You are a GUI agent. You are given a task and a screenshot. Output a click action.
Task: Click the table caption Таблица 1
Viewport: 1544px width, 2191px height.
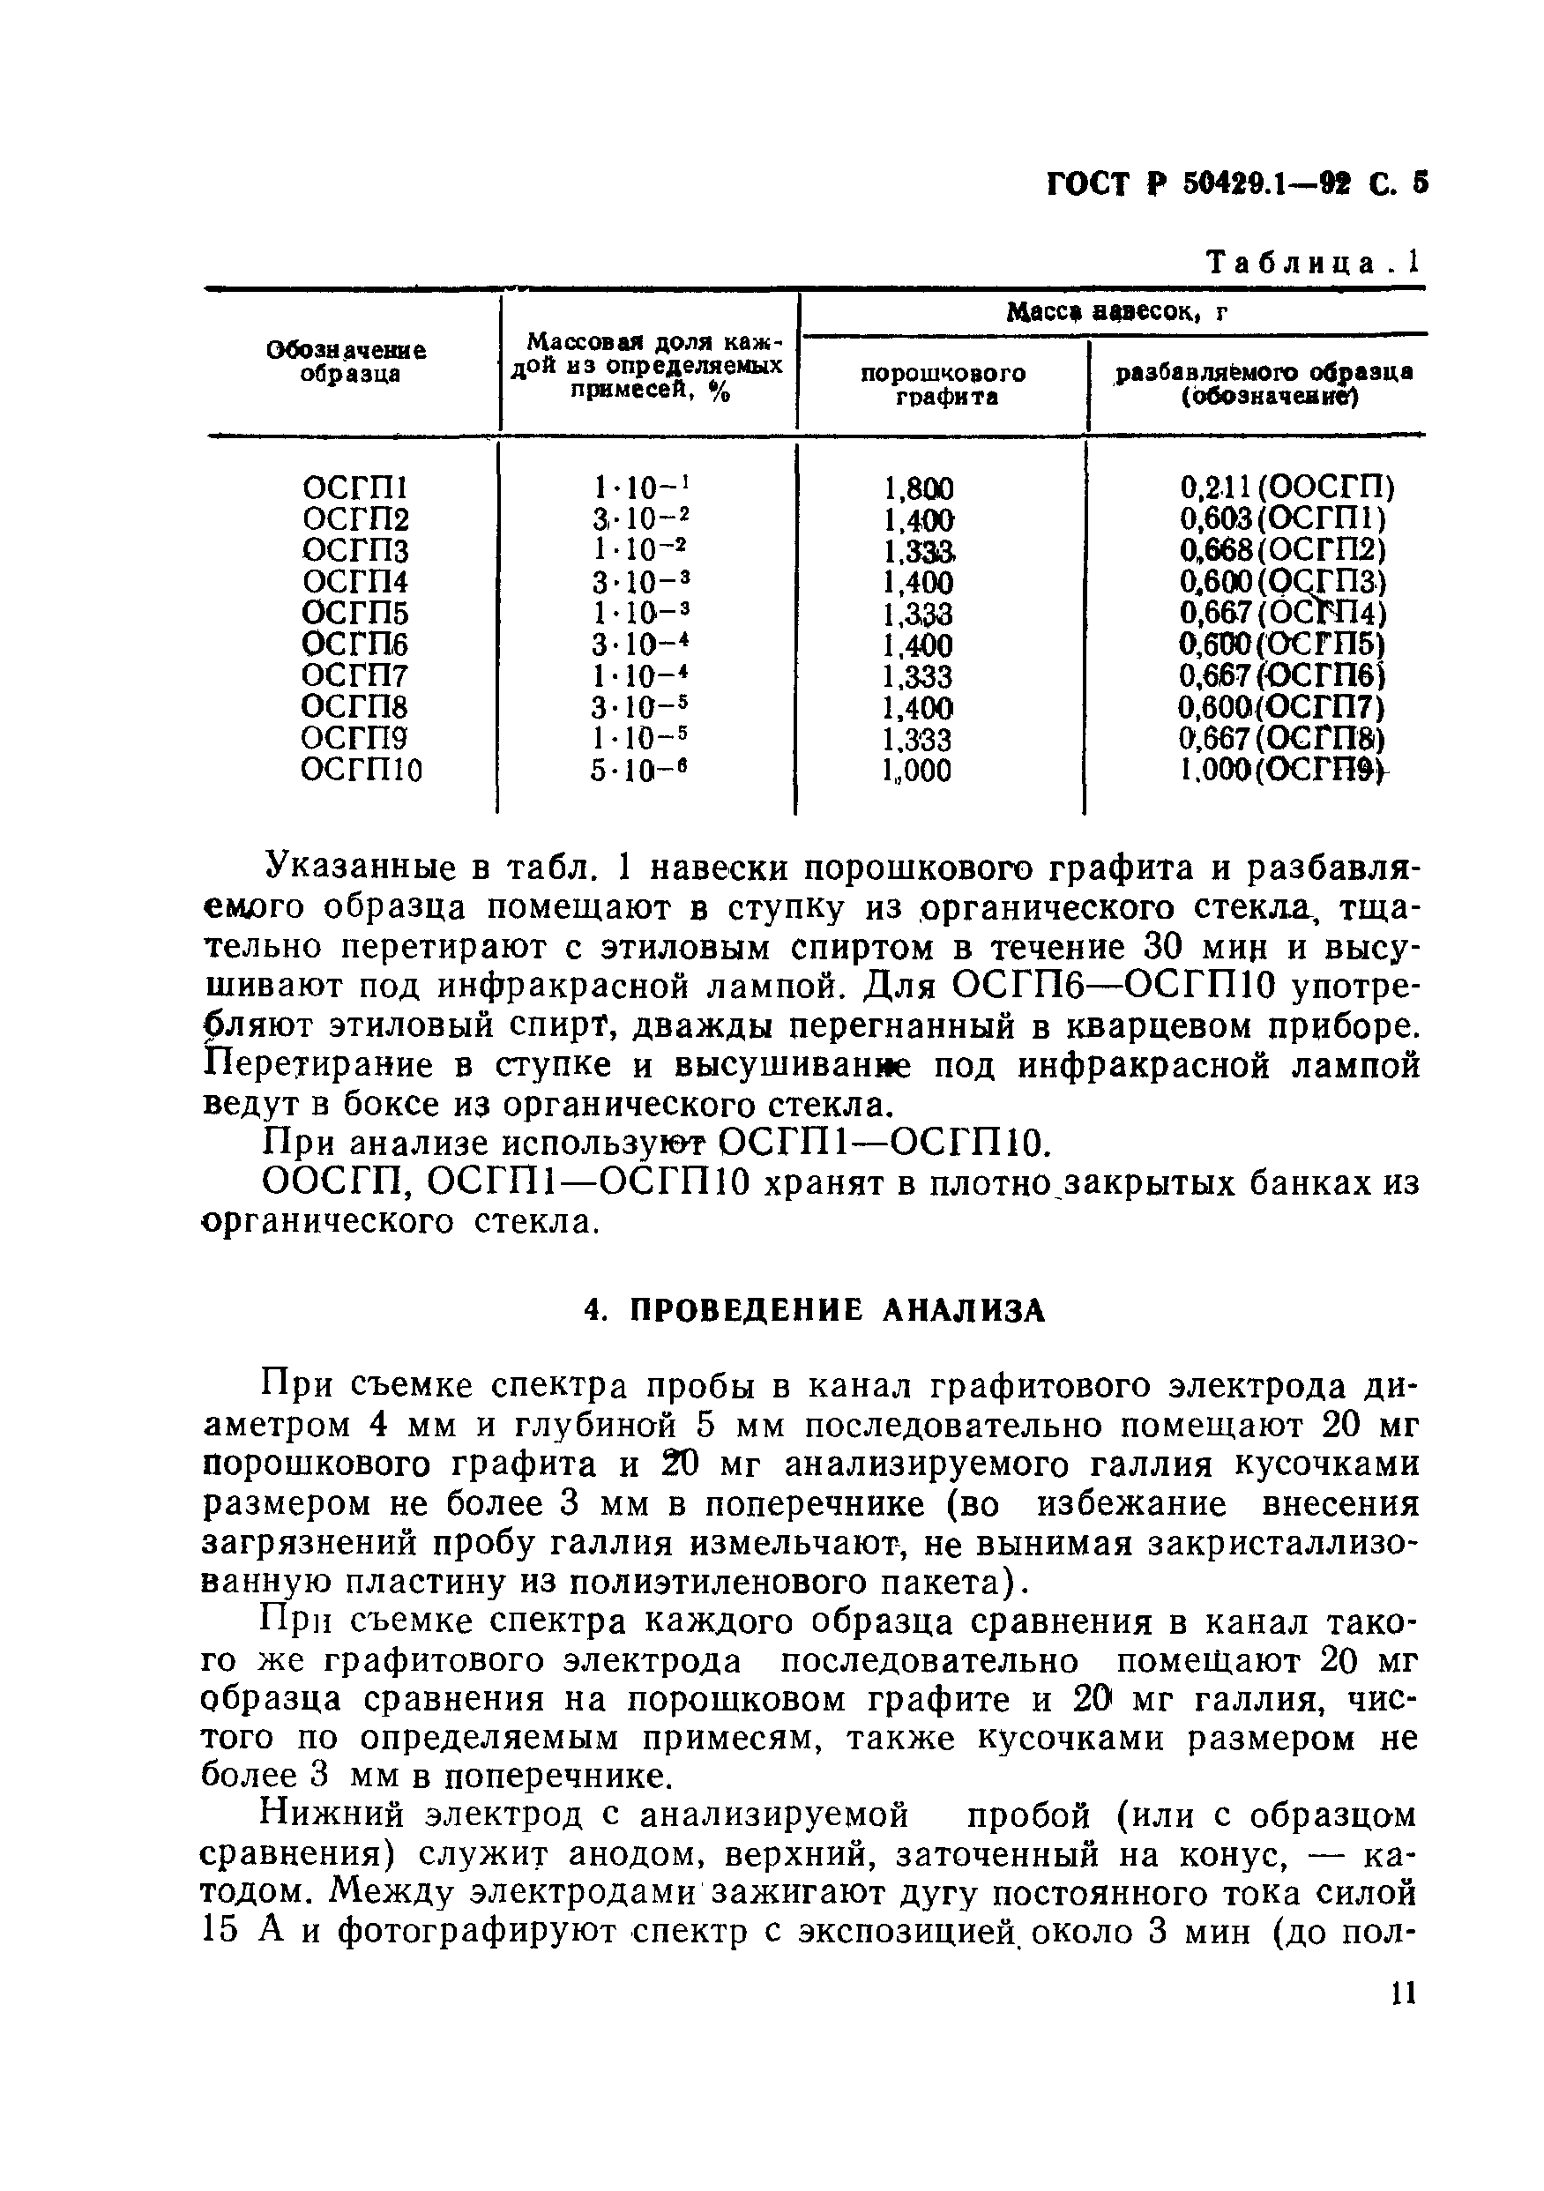coord(1313,263)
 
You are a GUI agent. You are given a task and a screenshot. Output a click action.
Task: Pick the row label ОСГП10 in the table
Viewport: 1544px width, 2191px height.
coord(362,770)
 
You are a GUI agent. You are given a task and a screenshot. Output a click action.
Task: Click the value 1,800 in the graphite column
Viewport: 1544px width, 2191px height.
coord(918,489)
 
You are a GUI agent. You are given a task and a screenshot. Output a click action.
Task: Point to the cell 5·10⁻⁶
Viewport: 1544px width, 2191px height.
coord(638,770)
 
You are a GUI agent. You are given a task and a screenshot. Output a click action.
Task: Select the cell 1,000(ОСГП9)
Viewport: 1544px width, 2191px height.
coord(1284,770)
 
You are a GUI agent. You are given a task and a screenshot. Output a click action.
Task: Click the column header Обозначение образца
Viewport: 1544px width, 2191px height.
coord(347,362)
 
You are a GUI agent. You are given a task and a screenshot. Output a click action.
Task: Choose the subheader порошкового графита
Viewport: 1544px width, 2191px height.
coord(943,384)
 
